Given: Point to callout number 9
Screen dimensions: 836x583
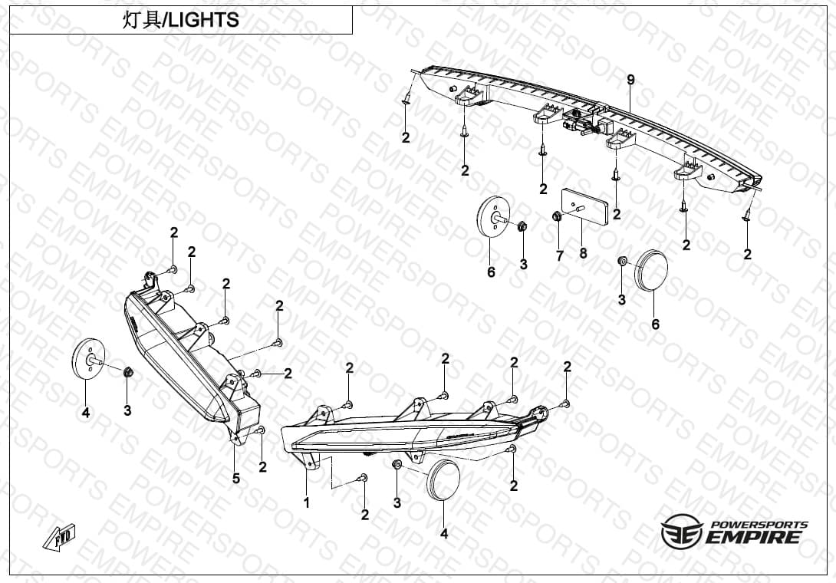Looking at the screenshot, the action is pos(630,80).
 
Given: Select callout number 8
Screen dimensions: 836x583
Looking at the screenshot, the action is pos(583,253).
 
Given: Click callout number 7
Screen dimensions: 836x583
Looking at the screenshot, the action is pos(559,256).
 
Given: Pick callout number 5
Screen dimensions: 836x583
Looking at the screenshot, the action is pos(235,479).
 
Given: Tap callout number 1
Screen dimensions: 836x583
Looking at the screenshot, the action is pos(307,502).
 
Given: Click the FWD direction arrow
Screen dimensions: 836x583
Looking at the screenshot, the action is pos(59,538).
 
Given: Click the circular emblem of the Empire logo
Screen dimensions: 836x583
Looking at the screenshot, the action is pos(680,532).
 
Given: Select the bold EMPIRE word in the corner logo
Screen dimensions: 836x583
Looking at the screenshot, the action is pos(753,537).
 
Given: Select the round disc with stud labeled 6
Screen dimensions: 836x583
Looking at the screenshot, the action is pos(492,215).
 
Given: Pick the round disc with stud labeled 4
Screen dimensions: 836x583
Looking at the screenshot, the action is pos(88,358).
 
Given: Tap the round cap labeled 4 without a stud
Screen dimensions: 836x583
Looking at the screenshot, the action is pos(443,480).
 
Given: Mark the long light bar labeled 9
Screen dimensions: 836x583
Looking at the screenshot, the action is pos(587,128).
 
